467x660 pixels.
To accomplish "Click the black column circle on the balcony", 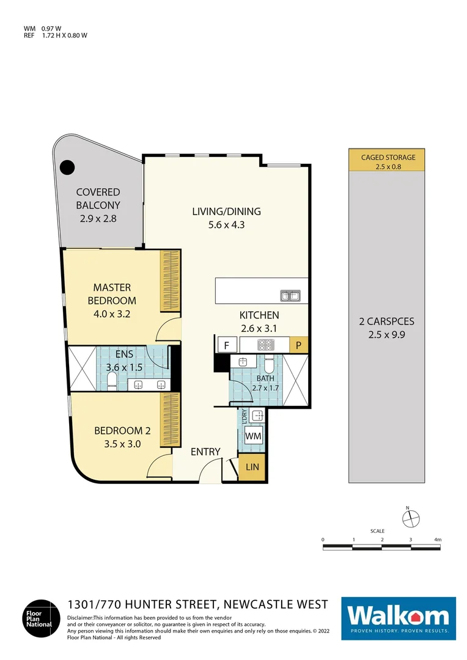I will point(66,166).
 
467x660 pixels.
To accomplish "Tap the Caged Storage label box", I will point(388,161).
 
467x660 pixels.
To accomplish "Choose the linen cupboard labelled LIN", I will point(252,467).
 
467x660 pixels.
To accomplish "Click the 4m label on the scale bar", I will point(437,540).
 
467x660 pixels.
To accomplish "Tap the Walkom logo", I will point(398,618).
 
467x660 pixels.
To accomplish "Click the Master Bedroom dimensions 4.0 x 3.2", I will point(112,315).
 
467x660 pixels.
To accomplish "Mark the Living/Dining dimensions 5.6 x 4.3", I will point(226,225).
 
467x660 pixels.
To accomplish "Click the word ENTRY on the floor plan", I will point(205,452).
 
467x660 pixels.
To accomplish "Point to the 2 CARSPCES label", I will point(388,321).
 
